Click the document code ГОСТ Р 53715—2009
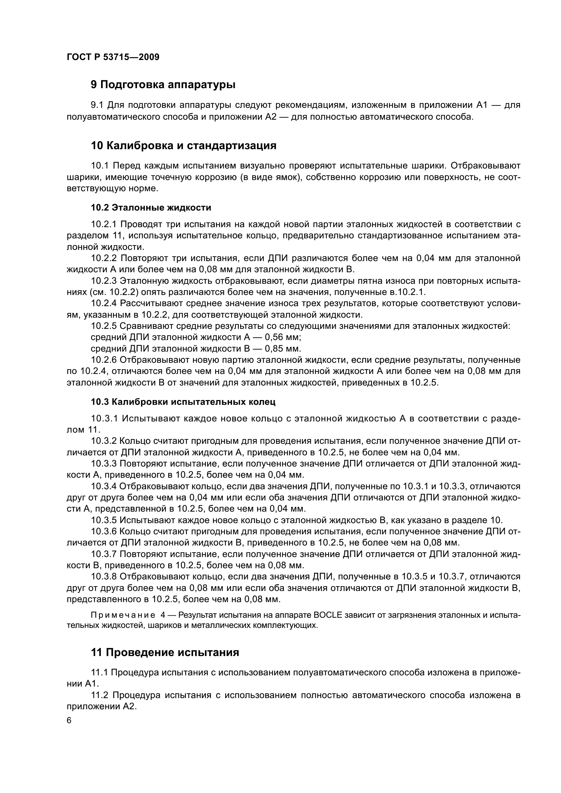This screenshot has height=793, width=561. [x=113, y=57]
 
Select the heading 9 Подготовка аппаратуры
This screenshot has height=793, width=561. [x=163, y=85]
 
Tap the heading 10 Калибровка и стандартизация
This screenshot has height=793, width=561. [x=183, y=146]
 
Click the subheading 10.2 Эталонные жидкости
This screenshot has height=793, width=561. [x=151, y=207]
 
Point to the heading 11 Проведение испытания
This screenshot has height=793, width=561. [x=165, y=652]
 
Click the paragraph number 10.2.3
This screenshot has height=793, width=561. [x=104, y=281]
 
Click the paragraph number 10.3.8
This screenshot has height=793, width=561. [x=104, y=576]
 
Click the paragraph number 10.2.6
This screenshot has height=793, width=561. [x=104, y=360]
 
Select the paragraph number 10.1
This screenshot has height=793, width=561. [x=99, y=166]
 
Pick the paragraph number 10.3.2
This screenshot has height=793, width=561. [x=104, y=441]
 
